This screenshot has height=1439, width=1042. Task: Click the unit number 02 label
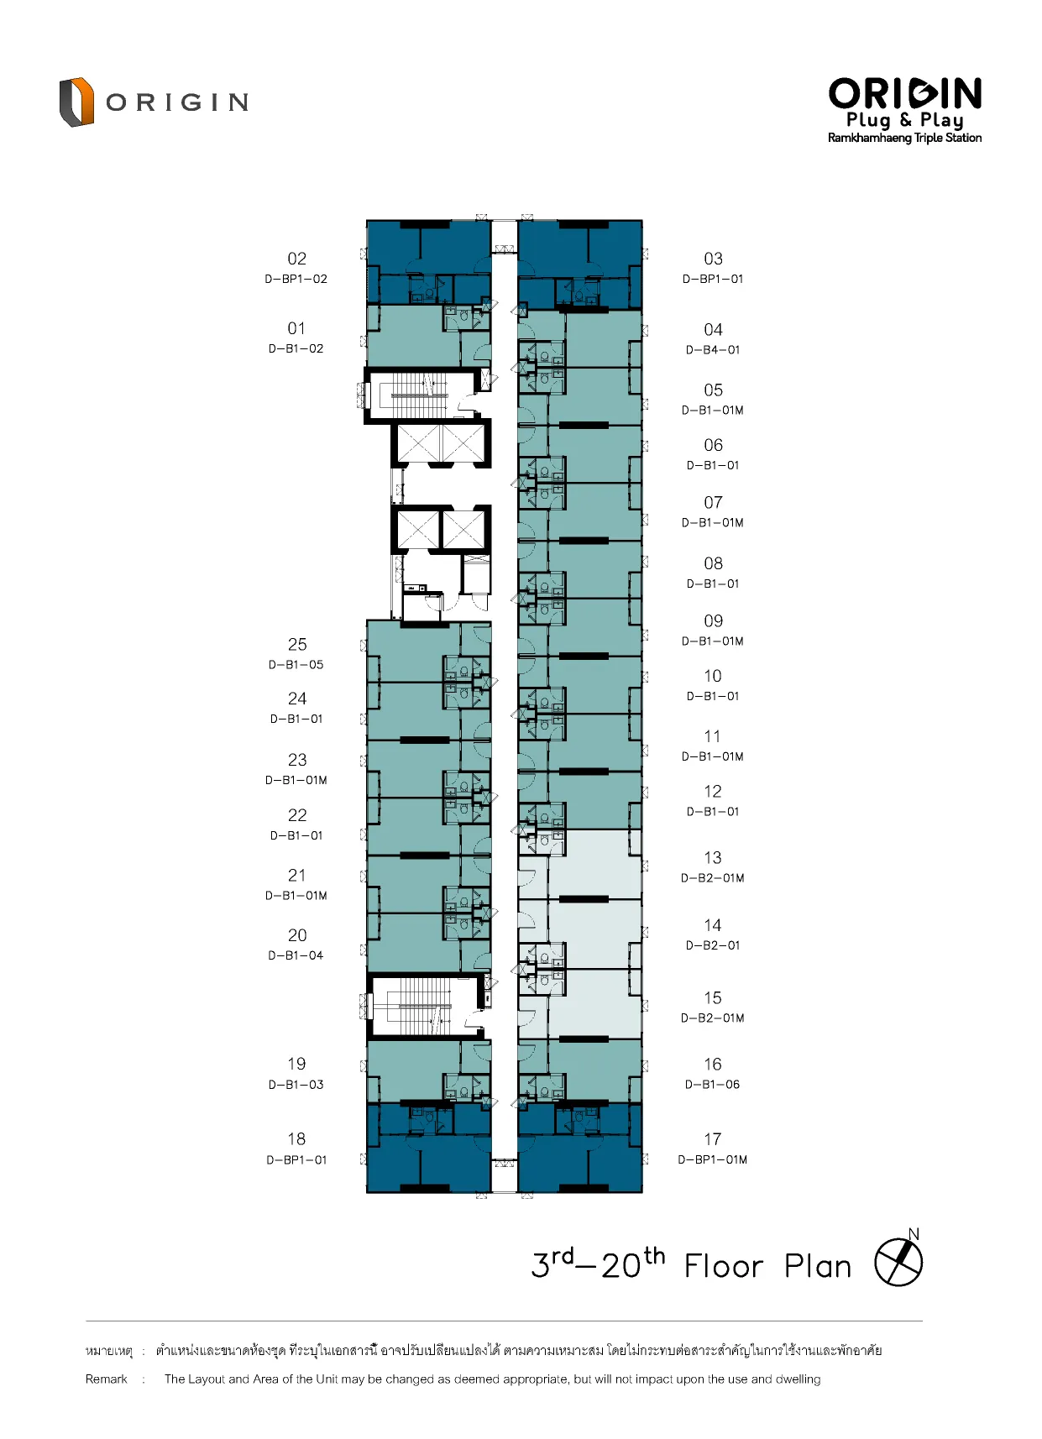(x=296, y=259)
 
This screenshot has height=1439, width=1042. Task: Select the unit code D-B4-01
(x=713, y=349)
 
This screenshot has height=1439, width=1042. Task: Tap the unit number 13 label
(x=713, y=858)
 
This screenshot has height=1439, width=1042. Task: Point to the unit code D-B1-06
(x=713, y=1085)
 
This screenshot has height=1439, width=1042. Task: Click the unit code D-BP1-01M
(x=713, y=1159)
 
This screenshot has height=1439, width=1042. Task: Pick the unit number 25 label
(x=296, y=644)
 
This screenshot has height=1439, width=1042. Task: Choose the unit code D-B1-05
(x=296, y=664)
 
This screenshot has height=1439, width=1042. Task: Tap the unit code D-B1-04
(x=296, y=955)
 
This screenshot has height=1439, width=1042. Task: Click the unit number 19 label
(x=296, y=1064)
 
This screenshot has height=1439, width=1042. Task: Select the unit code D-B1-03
(x=296, y=1085)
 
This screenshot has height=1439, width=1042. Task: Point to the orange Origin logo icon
(x=76, y=102)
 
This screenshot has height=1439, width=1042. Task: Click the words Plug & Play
(x=904, y=120)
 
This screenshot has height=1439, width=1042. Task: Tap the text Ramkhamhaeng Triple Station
(x=904, y=138)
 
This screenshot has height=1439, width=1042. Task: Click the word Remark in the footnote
(x=106, y=1379)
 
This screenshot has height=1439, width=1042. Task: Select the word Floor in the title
(x=724, y=1266)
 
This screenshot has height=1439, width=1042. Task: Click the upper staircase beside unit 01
(x=418, y=395)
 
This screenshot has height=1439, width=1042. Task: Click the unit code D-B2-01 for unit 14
(x=713, y=945)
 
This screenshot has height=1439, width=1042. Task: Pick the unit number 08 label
(x=713, y=563)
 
